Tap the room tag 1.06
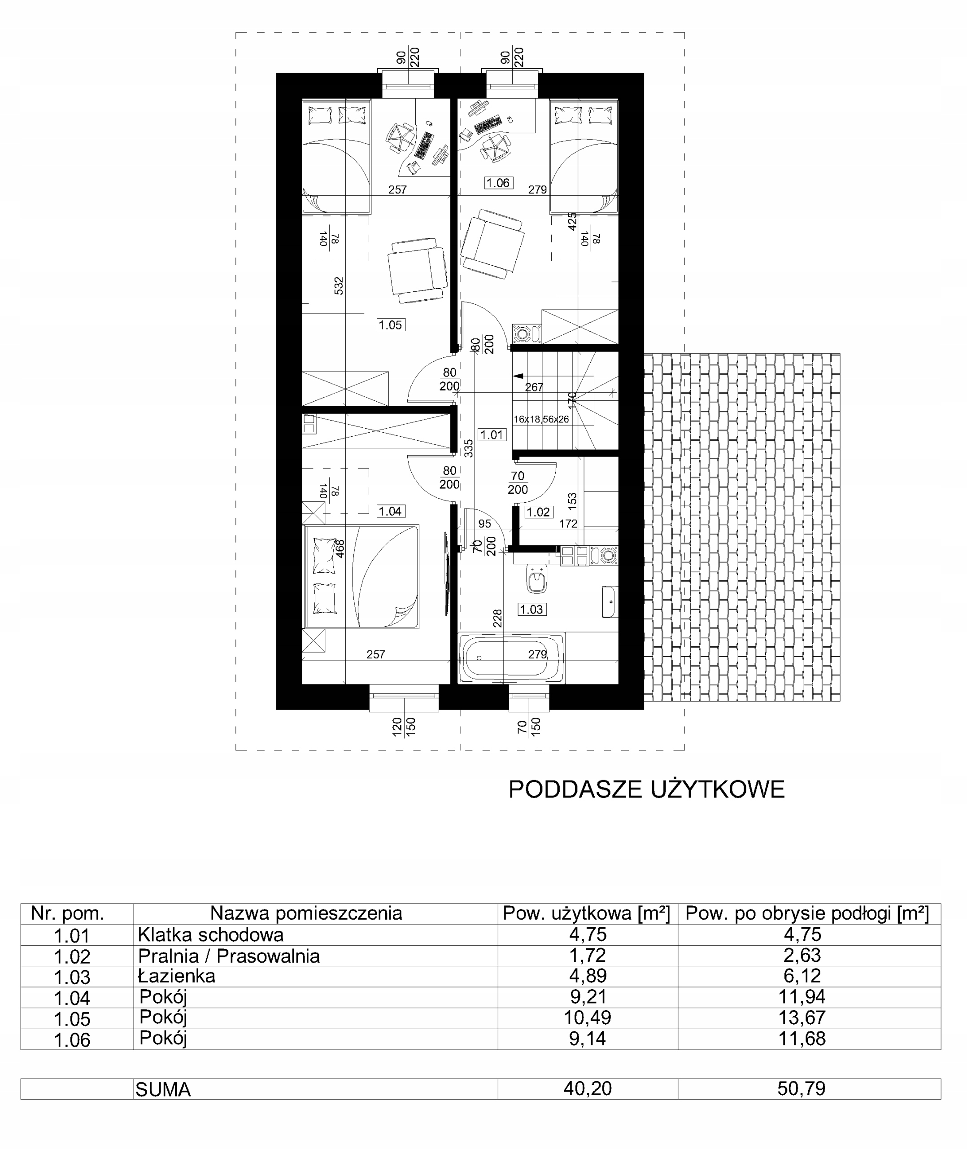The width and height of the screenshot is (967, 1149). pyautogui.click(x=498, y=183)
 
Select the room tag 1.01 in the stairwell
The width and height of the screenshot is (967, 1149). pyautogui.click(x=491, y=435)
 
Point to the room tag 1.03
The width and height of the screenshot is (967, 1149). pyautogui.click(x=531, y=610)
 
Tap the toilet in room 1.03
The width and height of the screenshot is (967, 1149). pyautogui.click(x=537, y=579)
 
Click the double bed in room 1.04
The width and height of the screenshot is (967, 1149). pyautogui.click(x=361, y=576)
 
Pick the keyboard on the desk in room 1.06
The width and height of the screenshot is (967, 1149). pyautogui.click(x=488, y=124)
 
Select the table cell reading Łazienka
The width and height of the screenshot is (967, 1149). pyautogui.click(x=177, y=976)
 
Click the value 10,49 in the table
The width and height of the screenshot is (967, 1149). pyautogui.click(x=588, y=1017)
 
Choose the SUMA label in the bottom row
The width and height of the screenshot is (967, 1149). pyautogui.click(x=163, y=1089)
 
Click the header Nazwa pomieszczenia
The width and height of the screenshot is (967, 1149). pyautogui.click(x=306, y=913)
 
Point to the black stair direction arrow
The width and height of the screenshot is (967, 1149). pyautogui.click(x=518, y=376)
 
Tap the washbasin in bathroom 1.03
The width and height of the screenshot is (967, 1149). pyautogui.click(x=609, y=601)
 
